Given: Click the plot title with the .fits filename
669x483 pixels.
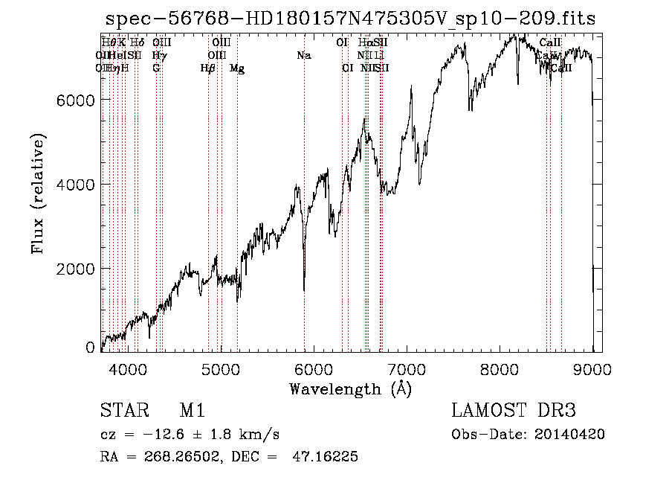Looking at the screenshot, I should pyautogui.click(x=350, y=19).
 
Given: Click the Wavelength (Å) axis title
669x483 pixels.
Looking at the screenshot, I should pyautogui.click(x=350, y=388).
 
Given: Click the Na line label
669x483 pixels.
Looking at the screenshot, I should pyautogui.click(x=303, y=56).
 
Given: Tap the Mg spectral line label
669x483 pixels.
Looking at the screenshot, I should pyautogui.click(x=236, y=68).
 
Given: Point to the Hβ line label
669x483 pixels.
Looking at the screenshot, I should pyautogui.click(x=208, y=68).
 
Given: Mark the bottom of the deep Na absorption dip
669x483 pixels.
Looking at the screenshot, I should pyautogui.click(x=304, y=290).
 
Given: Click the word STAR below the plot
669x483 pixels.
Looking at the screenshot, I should pyautogui.click(x=123, y=411).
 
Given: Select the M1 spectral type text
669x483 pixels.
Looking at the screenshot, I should pyautogui.click(x=193, y=411).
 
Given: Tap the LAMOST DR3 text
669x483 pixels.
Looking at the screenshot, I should pyautogui.click(x=514, y=411).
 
